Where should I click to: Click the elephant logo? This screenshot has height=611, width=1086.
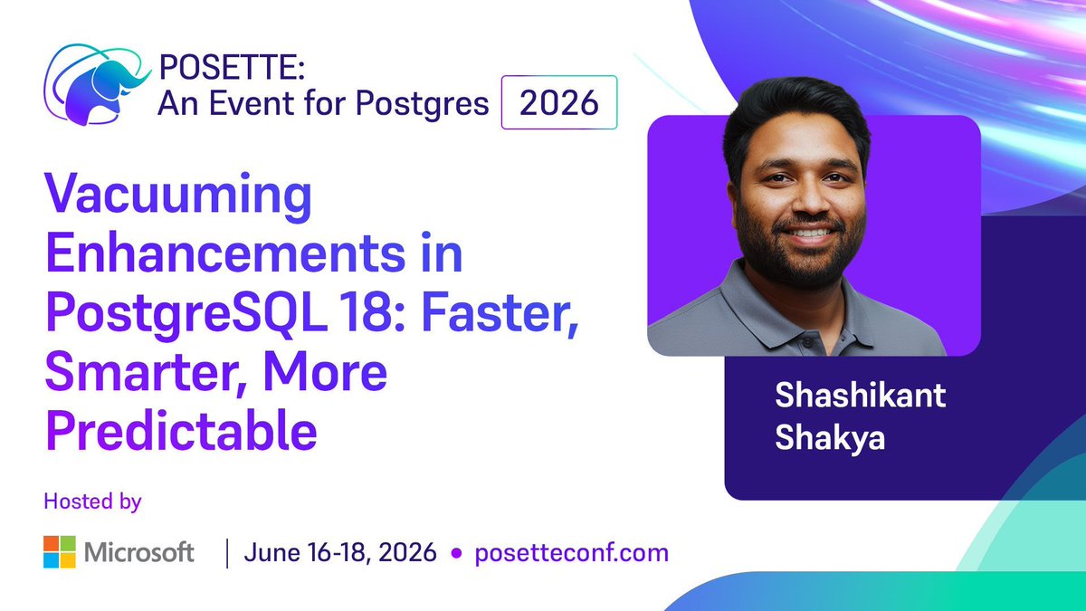(97, 85)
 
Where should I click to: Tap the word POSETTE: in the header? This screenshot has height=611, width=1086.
(232, 67)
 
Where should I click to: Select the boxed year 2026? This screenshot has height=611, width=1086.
(559, 102)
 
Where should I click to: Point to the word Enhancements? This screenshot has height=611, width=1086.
(225, 253)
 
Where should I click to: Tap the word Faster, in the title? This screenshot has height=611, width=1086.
(500, 313)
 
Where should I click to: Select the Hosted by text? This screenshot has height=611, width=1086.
(92, 501)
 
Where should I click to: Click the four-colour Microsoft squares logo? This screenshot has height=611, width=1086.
(60, 552)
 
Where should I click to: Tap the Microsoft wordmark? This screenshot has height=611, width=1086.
(139, 552)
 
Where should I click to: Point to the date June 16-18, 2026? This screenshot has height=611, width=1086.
(340, 553)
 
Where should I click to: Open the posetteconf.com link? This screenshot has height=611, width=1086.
(572, 553)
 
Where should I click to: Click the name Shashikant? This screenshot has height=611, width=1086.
(860, 396)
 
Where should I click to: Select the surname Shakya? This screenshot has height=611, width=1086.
(830, 438)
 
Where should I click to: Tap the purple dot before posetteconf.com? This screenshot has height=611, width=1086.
(456, 553)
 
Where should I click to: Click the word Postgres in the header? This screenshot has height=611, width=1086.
(423, 104)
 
